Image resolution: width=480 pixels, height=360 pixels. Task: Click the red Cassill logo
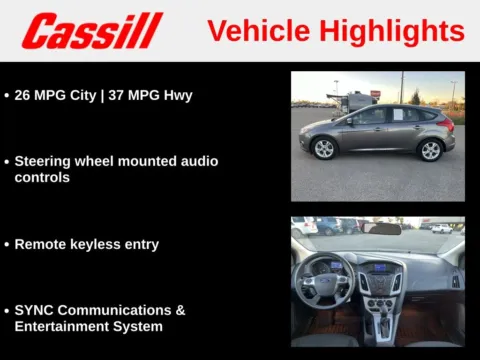pos(92,31)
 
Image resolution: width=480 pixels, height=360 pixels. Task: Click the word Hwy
pos(178,95)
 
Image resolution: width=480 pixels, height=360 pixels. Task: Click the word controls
pos(42,177)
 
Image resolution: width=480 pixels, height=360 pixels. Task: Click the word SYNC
pos(34,310)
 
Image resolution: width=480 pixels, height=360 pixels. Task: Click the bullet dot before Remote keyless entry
pos(7,245)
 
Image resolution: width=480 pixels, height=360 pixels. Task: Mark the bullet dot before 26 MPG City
pos(7,96)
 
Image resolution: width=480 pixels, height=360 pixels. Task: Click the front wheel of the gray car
pos(324,149)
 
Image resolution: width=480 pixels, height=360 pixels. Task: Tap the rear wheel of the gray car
pos(430,150)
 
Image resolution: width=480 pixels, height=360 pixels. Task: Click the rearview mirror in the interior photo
pos(381,229)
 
